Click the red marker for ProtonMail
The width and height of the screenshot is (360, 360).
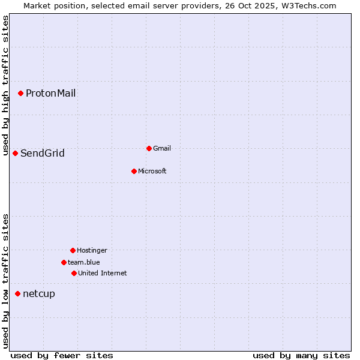[x=20, y=93]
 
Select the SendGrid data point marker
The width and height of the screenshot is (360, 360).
[x=15, y=153]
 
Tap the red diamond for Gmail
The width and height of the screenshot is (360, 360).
[x=149, y=148]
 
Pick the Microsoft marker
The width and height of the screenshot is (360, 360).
[x=134, y=171]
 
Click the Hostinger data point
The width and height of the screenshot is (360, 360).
[x=73, y=250]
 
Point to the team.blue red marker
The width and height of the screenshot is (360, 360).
[x=64, y=262]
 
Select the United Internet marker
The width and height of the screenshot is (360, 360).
[x=74, y=273]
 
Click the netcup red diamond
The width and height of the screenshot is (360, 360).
[x=17, y=293]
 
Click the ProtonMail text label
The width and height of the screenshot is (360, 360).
[x=50, y=93]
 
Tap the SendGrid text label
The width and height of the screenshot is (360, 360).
[x=42, y=153]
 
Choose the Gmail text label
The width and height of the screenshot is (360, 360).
[x=162, y=148]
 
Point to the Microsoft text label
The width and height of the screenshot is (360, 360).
[x=152, y=171]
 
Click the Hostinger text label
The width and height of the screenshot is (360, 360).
[x=92, y=250]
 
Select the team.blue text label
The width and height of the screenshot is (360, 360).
[x=83, y=262]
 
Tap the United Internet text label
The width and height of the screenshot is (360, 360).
[x=102, y=273]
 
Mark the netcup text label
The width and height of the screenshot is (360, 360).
[x=38, y=293]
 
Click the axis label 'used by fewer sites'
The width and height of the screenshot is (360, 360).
[x=62, y=355]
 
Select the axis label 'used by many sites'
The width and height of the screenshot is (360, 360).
[x=301, y=355]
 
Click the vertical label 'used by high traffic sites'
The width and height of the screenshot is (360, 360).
[x=5, y=86]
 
